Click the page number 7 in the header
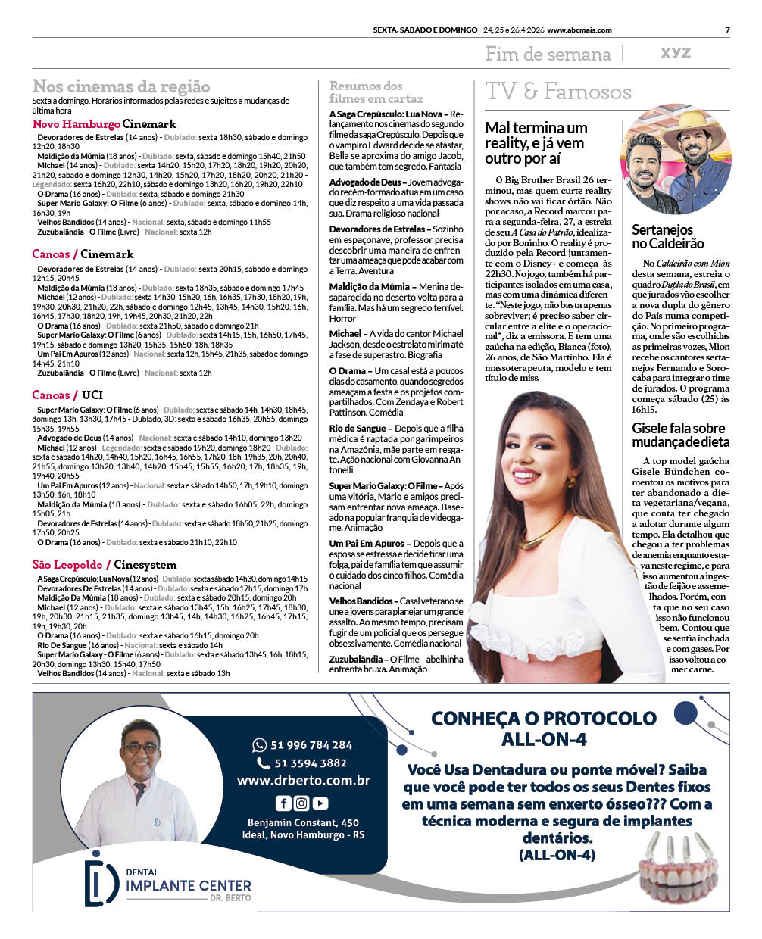click(727, 30)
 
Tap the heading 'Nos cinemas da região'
click(121, 86)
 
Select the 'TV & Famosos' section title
click(558, 92)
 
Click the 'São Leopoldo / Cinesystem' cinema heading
click(105, 565)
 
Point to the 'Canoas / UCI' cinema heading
click(67, 395)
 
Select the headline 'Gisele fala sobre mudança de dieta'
click(680, 435)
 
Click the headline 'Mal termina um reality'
click(536, 142)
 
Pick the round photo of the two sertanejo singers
click(676, 161)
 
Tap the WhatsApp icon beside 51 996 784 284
click(259, 745)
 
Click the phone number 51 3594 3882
click(311, 763)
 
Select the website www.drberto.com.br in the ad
click(303, 781)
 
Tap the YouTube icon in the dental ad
click(320, 803)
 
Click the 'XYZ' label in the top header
click(676, 53)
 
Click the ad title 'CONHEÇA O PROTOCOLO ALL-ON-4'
click(543, 728)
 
